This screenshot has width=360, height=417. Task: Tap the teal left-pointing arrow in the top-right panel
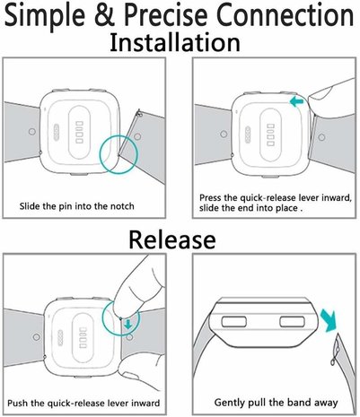pyautogui.click(x=295, y=102)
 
